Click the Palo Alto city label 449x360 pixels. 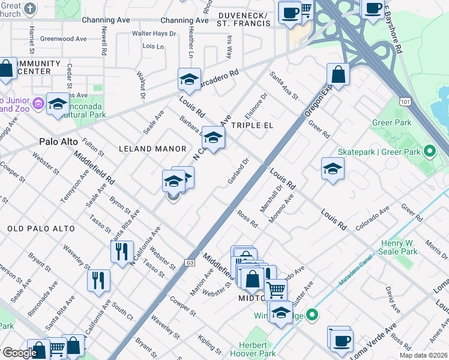tap(59, 142)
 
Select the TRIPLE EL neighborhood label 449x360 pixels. tap(252, 125)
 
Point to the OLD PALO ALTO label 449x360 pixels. tap(41, 229)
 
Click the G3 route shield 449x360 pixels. tap(190, 263)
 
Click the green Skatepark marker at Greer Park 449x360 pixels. tap(429, 151)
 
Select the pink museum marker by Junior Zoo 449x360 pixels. tap(38, 103)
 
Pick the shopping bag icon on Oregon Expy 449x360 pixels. tap(339, 75)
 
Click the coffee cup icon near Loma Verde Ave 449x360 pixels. tap(342, 340)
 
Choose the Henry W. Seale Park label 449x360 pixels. tap(399, 248)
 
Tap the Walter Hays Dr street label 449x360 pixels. tap(154, 34)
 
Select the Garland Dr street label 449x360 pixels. tap(238, 170)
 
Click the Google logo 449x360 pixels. tap(19, 353)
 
